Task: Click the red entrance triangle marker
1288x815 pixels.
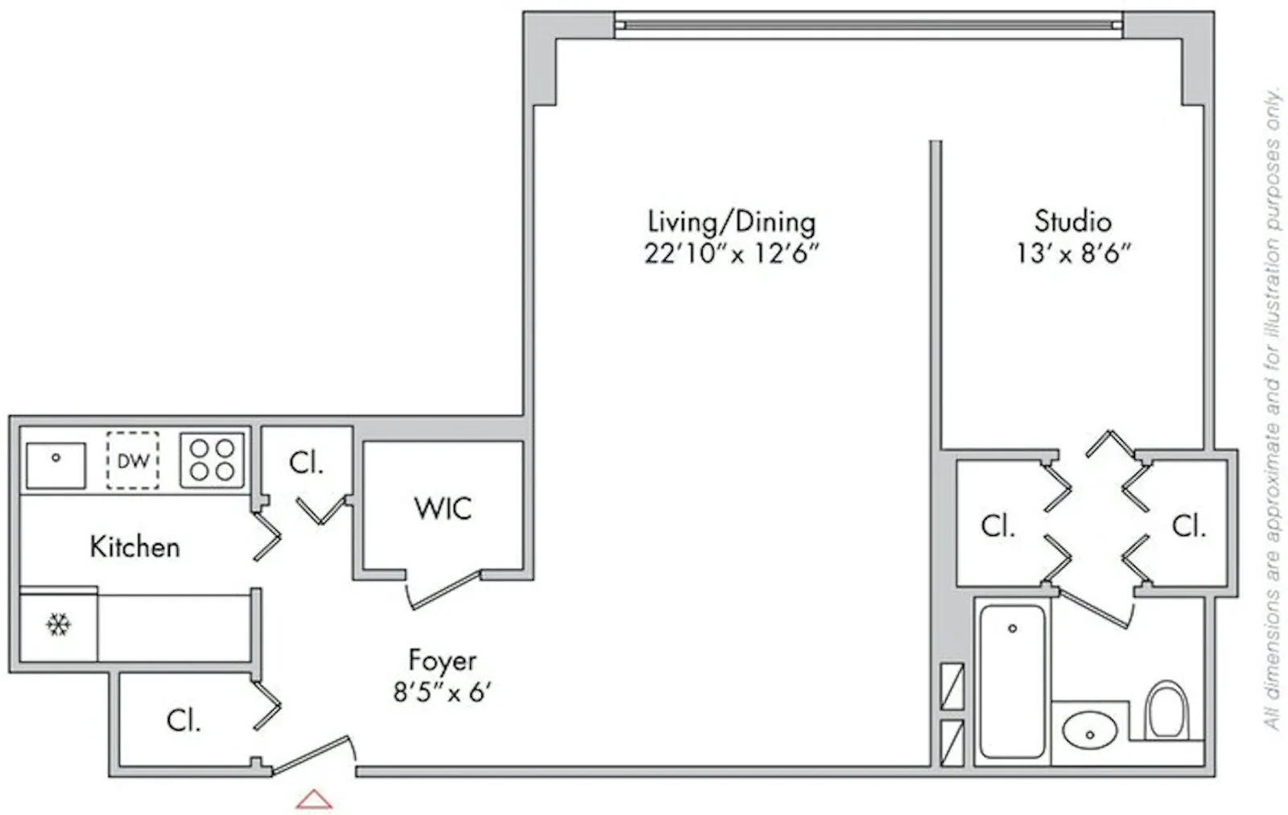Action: pyautogui.click(x=314, y=799)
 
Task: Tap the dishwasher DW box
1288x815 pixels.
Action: pyautogui.click(x=133, y=461)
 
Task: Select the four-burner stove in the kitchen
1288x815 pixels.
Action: pyautogui.click(x=212, y=460)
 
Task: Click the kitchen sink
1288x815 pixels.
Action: pyautogui.click(x=56, y=465)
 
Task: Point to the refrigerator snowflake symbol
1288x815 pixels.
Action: pyautogui.click(x=58, y=624)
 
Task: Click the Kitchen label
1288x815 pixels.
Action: pyautogui.click(x=134, y=547)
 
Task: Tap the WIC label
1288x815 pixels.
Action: pyautogui.click(x=443, y=508)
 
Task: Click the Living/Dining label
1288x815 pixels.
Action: pyautogui.click(x=731, y=221)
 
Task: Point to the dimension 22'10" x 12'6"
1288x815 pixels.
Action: pyautogui.click(x=731, y=253)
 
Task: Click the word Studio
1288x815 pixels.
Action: pyautogui.click(x=1072, y=221)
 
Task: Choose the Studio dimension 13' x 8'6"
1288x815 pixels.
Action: pyautogui.click(x=1072, y=253)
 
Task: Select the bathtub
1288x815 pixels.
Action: pyautogui.click(x=1012, y=681)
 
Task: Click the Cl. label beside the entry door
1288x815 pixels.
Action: pyautogui.click(x=184, y=720)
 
